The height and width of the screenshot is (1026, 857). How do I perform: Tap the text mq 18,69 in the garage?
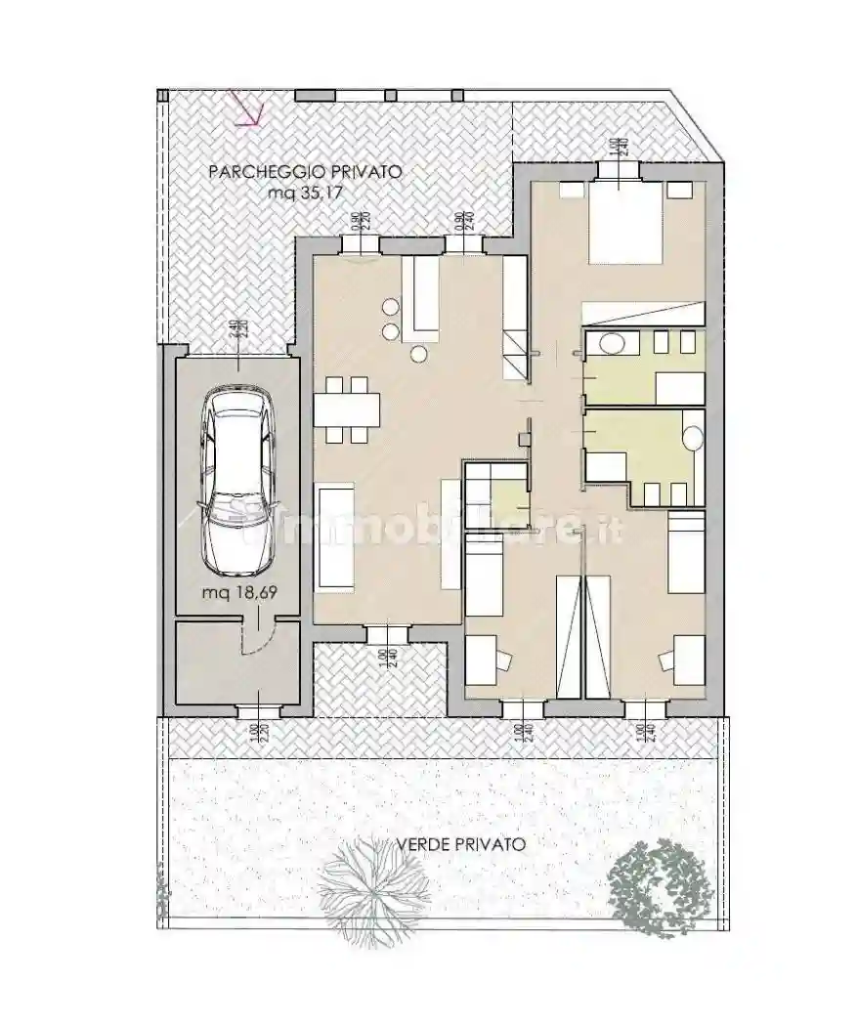click(x=236, y=593)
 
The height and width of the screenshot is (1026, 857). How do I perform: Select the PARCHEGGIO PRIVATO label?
click(x=305, y=172)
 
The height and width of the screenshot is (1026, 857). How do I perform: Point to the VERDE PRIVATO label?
click(x=461, y=843)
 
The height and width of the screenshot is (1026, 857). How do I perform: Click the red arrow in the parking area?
click(x=245, y=108)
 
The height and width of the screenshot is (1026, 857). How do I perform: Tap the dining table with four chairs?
click(x=345, y=406)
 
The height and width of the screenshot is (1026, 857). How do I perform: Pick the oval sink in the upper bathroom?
click(x=613, y=344)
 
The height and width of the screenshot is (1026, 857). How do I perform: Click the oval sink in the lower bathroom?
click(x=694, y=435)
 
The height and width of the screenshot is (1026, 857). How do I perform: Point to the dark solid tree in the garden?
click(x=660, y=885)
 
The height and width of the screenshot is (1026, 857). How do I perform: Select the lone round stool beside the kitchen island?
click(x=421, y=354)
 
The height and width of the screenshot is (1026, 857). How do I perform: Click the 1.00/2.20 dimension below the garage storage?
click(x=255, y=729)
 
